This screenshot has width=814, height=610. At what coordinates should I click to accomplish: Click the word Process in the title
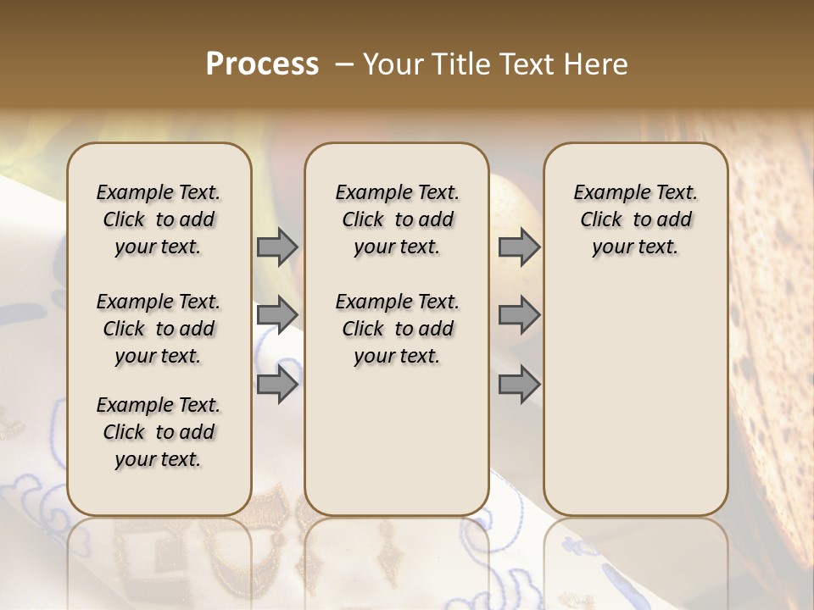point(262,64)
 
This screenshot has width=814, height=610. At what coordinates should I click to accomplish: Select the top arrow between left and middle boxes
point(277,247)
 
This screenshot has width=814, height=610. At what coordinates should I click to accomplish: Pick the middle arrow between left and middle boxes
point(277,315)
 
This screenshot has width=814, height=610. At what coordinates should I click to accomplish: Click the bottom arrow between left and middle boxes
point(277,384)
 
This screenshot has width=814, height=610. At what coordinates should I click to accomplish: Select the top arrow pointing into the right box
point(519,247)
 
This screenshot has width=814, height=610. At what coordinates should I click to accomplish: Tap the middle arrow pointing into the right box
point(519,315)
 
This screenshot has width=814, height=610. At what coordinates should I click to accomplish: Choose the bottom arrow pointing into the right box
point(519,384)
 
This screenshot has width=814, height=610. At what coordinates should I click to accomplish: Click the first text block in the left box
point(159,219)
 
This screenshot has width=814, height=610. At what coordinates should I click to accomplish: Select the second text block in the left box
point(159,329)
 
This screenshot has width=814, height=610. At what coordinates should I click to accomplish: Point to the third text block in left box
point(159,432)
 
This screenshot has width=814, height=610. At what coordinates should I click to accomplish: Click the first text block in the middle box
point(398,219)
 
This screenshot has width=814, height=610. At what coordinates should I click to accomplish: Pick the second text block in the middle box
point(398,329)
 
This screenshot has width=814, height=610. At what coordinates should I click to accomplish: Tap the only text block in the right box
point(636,219)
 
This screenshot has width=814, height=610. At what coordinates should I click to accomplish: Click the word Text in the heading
point(530,64)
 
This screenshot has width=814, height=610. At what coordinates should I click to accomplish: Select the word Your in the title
point(393,64)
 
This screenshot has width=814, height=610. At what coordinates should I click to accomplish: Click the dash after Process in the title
point(344,64)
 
